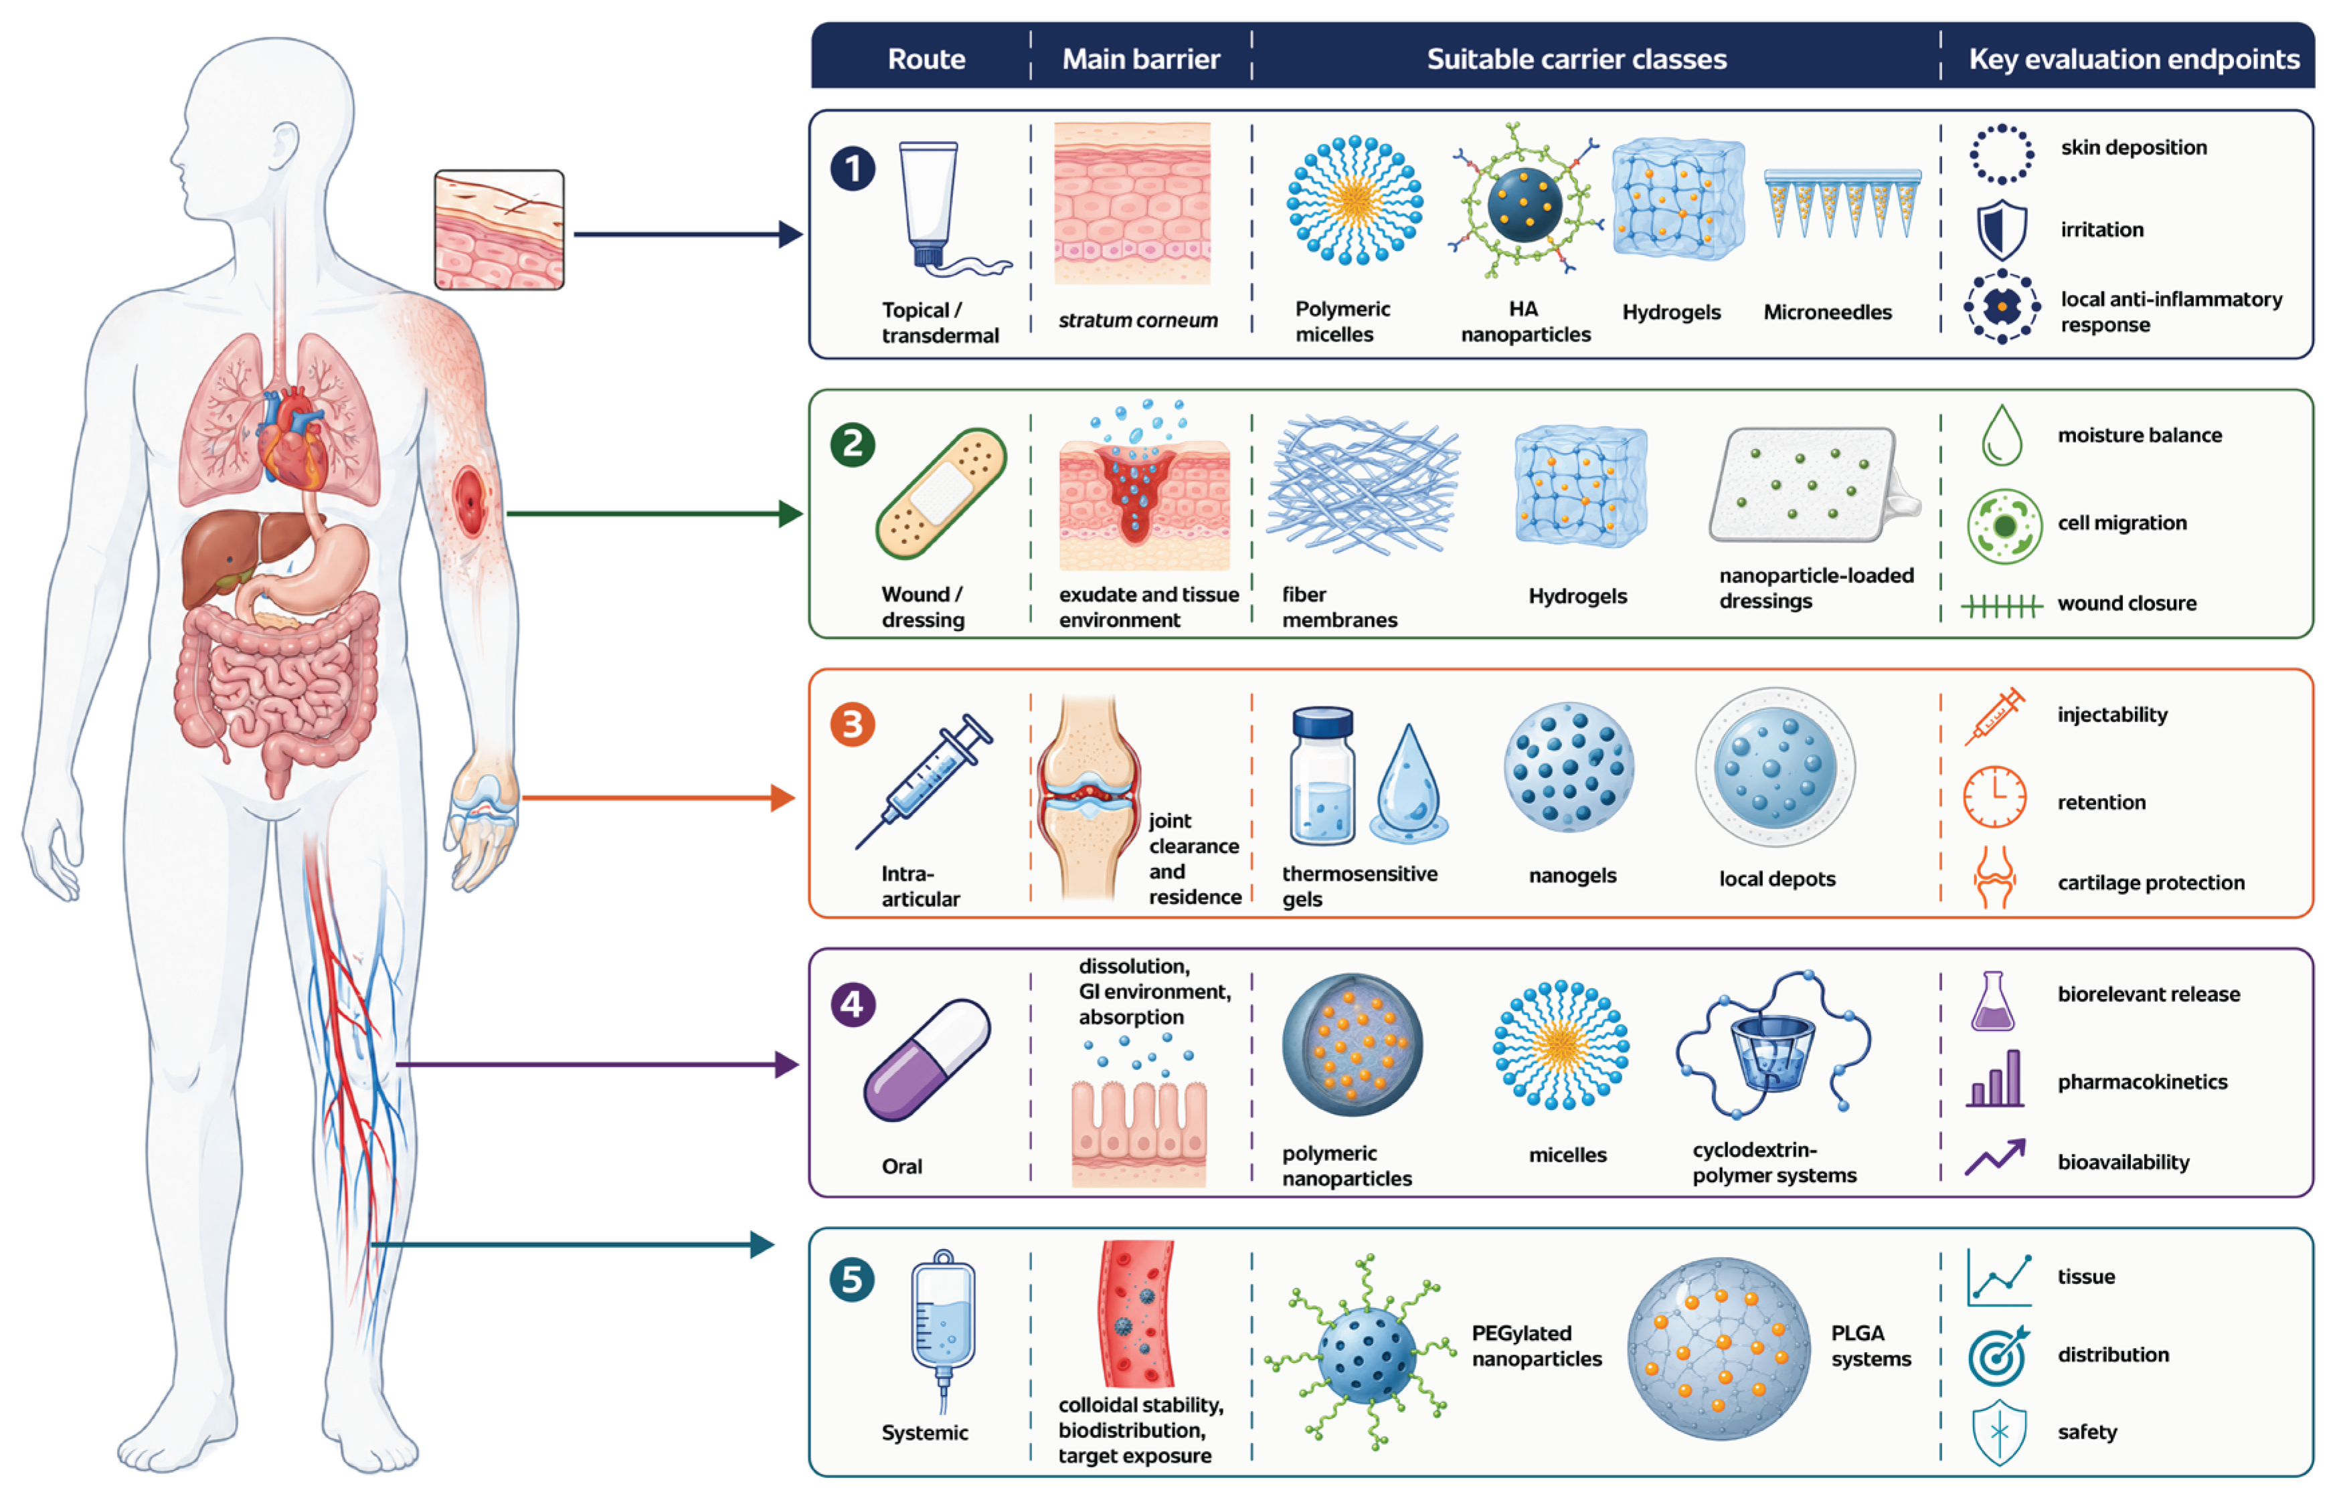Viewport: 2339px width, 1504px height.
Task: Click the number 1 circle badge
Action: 853,169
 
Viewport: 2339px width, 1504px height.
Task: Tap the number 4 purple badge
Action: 853,1004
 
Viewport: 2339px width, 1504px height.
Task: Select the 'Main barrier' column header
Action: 1140,59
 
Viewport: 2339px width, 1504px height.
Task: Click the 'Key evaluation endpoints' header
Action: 2134,59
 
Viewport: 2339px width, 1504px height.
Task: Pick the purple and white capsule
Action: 927,1060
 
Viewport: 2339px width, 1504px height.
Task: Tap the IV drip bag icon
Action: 942,1328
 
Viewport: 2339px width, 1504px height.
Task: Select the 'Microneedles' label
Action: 1827,312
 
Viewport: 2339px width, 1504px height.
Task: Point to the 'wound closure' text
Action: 2127,603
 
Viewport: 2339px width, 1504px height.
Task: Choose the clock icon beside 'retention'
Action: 1995,797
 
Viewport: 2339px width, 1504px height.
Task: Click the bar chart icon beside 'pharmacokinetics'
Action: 1995,1078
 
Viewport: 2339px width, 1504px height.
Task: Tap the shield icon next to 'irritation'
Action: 2001,230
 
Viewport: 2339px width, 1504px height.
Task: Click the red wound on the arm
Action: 470,502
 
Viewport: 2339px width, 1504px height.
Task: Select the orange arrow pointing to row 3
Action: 659,798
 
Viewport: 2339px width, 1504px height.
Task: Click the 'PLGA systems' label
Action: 1871,1346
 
